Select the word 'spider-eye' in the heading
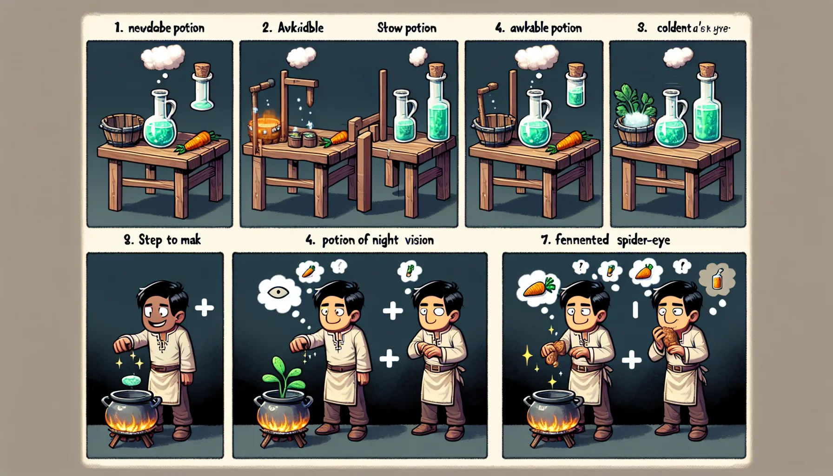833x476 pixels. point(643,240)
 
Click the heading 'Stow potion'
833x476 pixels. point(407,28)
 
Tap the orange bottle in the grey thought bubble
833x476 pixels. point(718,279)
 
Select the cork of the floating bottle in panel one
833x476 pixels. point(202,71)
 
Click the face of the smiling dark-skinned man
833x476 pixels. point(158,311)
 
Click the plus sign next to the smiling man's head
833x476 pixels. point(205,307)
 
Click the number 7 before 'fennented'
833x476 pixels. point(546,240)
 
